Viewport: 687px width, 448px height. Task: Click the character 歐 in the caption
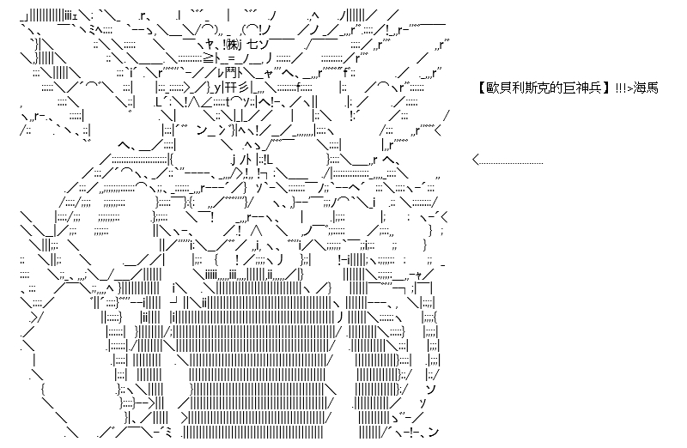[490, 88]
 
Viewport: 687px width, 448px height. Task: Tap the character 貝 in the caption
[502, 88]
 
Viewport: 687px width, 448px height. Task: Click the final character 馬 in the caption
[652, 88]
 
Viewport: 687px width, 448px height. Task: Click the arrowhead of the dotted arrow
[477, 160]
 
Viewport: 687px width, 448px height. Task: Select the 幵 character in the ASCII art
[231, 88]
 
